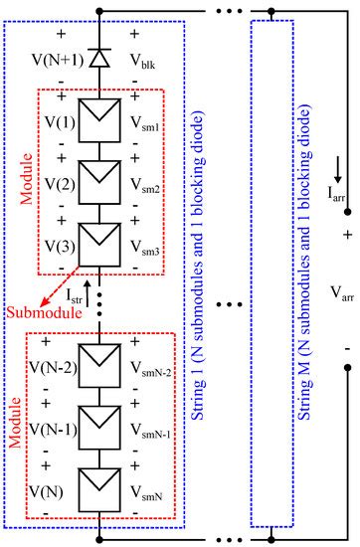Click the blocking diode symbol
[x=98, y=59]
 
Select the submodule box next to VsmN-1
[x=98, y=434]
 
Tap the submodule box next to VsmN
[x=98, y=490]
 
